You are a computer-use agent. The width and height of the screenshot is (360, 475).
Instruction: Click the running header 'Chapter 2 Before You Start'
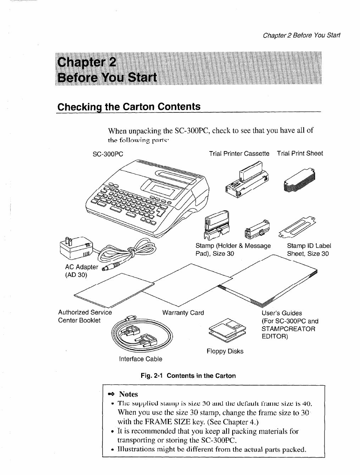301,35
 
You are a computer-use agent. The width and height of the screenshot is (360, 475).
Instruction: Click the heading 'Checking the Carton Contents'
129,107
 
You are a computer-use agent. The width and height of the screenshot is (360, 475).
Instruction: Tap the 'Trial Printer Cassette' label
239,154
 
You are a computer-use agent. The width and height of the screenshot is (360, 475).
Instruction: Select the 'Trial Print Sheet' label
300,154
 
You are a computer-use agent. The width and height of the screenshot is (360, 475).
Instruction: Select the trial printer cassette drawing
247,180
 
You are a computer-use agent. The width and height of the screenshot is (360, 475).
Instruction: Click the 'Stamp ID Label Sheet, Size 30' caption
309,250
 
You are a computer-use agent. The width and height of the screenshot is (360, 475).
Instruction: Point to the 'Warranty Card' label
183,313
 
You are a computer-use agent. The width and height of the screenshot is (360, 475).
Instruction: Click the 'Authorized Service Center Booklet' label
85,316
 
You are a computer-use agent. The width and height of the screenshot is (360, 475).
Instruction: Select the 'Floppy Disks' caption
225,351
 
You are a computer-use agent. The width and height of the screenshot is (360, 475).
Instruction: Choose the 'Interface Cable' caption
140,359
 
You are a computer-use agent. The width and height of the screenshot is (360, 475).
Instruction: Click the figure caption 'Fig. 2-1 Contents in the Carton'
188,376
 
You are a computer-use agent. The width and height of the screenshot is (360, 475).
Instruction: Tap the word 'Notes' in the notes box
128,394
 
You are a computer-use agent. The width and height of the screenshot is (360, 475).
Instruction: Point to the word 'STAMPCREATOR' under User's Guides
288,329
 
